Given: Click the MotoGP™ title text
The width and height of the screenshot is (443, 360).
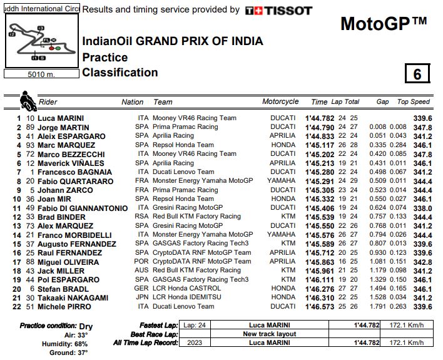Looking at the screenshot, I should click(x=384, y=24).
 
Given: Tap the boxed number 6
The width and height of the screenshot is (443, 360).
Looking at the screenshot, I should click(x=417, y=74).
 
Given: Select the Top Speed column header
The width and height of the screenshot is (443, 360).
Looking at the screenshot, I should click(x=414, y=102).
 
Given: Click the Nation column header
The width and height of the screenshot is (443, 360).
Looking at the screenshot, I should click(x=133, y=102).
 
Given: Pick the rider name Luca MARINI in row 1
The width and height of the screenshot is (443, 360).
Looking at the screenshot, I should click(x=61, y=118).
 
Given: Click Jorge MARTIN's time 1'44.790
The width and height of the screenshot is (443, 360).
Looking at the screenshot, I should click(x=319, y=127).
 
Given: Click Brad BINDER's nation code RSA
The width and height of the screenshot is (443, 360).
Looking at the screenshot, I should click(x=141, y=217).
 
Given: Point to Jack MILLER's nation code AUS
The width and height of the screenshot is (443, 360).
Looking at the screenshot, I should click(x=141, y=270).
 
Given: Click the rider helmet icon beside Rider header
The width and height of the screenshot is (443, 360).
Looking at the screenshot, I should click(x=28, y=100).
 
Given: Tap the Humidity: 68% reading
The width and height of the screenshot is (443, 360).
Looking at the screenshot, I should click(x=66, y=344).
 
